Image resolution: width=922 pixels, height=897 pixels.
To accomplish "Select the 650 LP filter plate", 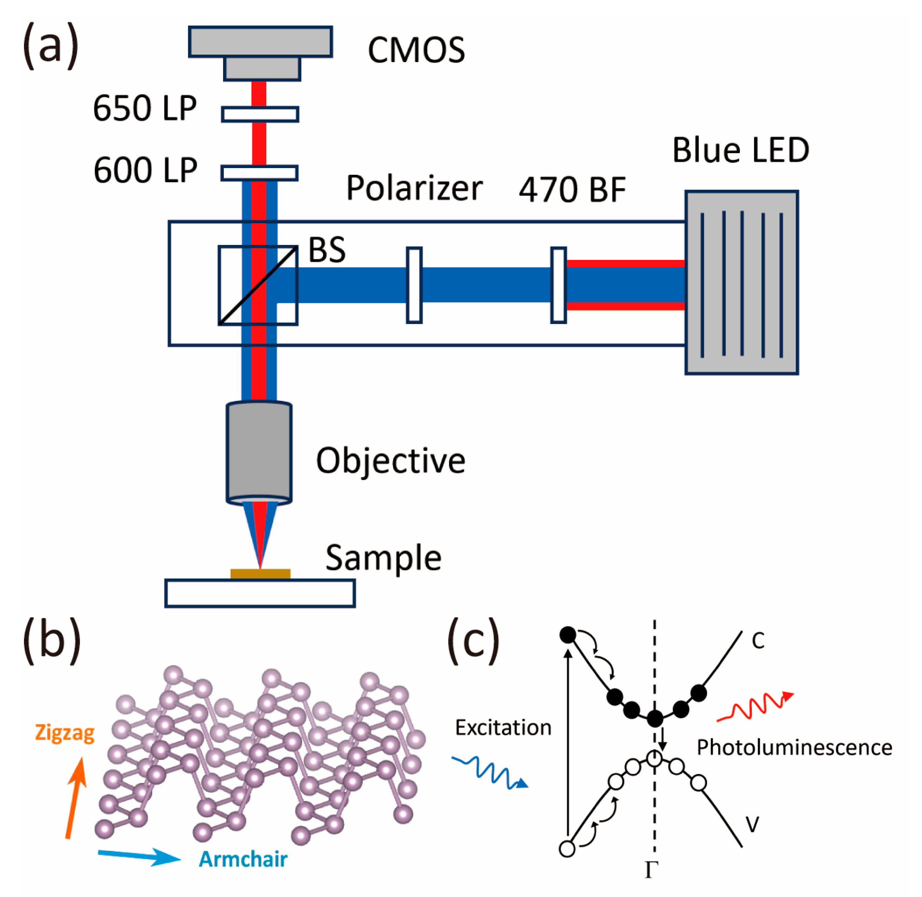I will [x=260, y=115].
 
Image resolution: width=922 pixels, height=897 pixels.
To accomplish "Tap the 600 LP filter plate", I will [x=260, y=173].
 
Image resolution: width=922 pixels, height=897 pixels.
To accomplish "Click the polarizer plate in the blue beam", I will [x=414, y=285].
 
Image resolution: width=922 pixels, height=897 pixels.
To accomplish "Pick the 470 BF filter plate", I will [x=558, y=285].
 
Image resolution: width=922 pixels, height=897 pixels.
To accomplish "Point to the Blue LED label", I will [x=740, y=150].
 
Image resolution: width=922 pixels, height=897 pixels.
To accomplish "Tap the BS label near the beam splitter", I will [x=327, y=250].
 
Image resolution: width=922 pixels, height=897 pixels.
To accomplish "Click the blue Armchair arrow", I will [x=139, y=856].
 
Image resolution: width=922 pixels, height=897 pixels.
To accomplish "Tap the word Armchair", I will [x=243, y=859].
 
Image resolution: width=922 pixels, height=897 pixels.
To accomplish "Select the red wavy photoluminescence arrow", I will [x=754, y=707].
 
